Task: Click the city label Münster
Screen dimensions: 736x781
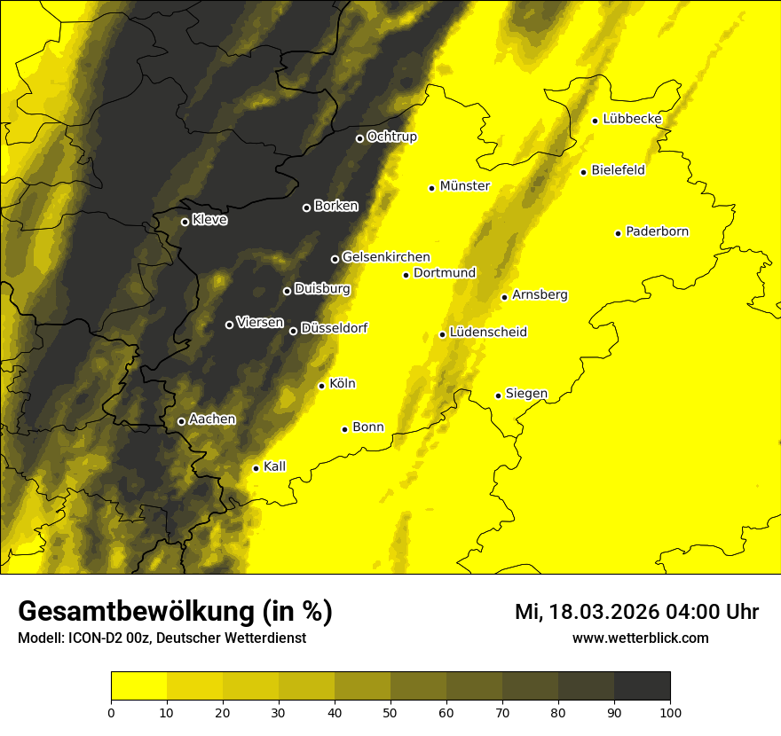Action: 465,186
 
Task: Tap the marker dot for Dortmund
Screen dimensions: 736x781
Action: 406,275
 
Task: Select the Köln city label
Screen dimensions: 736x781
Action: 343,384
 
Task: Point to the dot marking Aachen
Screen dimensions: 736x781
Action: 181,421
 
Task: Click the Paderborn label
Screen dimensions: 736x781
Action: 658,231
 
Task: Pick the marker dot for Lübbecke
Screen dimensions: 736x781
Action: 595,121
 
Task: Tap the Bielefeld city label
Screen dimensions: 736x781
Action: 619,170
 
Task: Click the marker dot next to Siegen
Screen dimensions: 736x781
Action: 498,395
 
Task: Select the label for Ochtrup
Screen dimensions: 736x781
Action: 392,137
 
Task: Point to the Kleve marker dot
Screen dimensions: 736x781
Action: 185,222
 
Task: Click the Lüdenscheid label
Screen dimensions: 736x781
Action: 488,333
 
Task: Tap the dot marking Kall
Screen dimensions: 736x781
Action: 256,468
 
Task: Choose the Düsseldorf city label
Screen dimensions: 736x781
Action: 335,328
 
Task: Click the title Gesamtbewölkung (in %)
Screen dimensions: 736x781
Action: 175,611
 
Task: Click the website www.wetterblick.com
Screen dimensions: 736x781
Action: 640,638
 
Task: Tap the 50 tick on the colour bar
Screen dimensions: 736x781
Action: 390,711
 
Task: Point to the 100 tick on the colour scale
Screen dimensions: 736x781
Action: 670,711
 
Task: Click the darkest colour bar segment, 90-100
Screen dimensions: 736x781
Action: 642,686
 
